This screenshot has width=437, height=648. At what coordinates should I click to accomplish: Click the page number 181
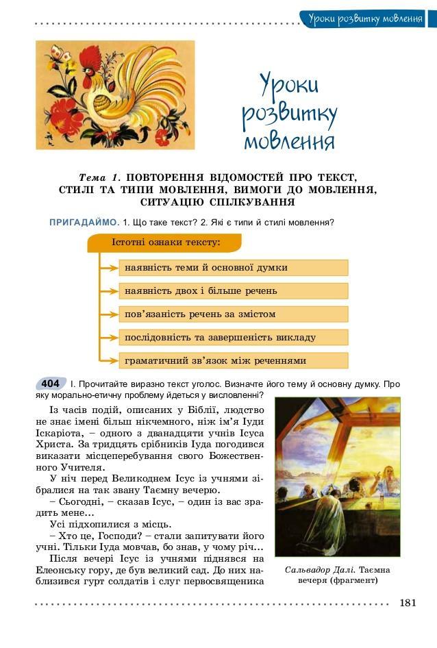pyautogui.click(x=408, y=603)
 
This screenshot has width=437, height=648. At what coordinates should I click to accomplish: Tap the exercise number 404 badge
pyautogui.click(x=50, y=384)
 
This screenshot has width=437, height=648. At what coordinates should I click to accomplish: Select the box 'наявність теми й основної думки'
pyautogui.click(x=233, y=267)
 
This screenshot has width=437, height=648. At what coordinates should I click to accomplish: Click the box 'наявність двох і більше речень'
pyautogui.click(x=233, y=290)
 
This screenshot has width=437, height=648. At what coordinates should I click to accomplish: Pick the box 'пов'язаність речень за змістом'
pyautogui.click(x=233, y=314)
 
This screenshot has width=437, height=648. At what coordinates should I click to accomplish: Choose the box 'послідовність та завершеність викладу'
pyautogui.click(x=233, y=337)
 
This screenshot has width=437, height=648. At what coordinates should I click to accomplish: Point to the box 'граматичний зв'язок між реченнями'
pyautogui.click(x=233, y=360)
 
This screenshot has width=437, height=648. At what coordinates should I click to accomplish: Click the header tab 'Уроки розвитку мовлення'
pyautogui.click(x=364, y=18)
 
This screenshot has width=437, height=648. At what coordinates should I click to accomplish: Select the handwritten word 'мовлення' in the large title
pyautogui.click(x=289, y=142)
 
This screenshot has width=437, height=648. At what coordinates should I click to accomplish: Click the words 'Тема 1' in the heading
pyautogui.click(x=100, y=176)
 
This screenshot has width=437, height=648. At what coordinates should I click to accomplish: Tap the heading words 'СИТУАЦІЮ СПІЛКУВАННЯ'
pyautogui.click(x=218, y=202)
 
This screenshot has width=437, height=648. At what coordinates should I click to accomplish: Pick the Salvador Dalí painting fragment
pyautogui.click(x=337, y=477)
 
